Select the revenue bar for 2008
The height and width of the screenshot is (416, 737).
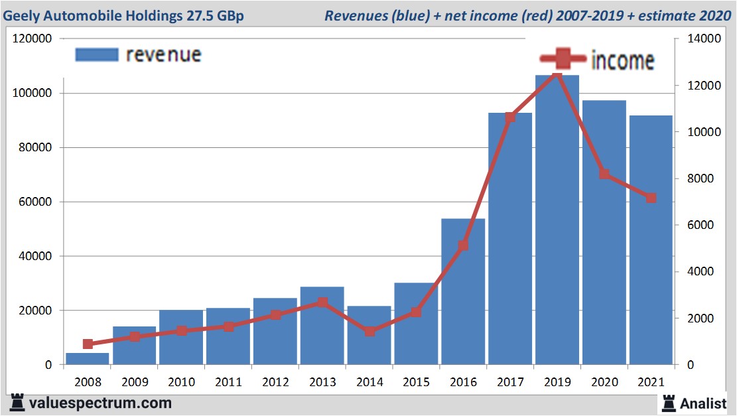(87, 359)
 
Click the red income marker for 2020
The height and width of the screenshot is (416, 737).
(604, 174)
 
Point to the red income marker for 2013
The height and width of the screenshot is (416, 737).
(322, 303)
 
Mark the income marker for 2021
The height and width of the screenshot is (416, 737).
(651, 198)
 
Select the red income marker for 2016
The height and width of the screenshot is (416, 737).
(463, 245)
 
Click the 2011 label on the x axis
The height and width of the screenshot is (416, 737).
(228, 382)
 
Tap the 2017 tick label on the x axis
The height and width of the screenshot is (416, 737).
(510, 382)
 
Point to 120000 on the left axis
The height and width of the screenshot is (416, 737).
(33, 39)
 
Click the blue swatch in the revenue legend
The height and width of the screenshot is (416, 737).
(96, 54)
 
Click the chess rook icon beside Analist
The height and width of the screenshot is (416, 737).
(668, 402)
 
